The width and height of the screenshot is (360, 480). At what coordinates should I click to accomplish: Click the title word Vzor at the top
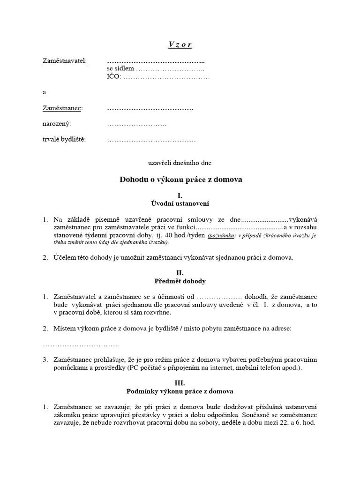tap(180, 45)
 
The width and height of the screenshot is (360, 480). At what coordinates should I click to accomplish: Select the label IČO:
tap(113, 76)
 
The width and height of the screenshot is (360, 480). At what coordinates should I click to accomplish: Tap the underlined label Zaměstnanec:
tap(62, 108)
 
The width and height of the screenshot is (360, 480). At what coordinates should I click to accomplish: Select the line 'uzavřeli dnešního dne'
tap(180, 163)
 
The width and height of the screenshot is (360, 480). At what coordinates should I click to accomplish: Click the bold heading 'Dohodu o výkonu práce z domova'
tap(181, 180)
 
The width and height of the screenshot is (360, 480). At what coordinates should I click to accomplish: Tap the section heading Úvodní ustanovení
tap(180, 203)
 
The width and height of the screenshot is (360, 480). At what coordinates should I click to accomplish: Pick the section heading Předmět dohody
tap(180, 281)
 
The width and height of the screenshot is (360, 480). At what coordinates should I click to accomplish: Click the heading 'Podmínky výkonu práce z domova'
tap(180, 391)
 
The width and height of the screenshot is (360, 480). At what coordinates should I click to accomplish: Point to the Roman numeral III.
tap(180, 382)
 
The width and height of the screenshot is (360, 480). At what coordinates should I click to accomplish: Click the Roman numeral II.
tap(180, 273)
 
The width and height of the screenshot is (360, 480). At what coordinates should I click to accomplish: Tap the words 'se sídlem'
tap(117, 69)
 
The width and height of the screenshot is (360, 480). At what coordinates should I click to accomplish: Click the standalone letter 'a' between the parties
tap(45, 92)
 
